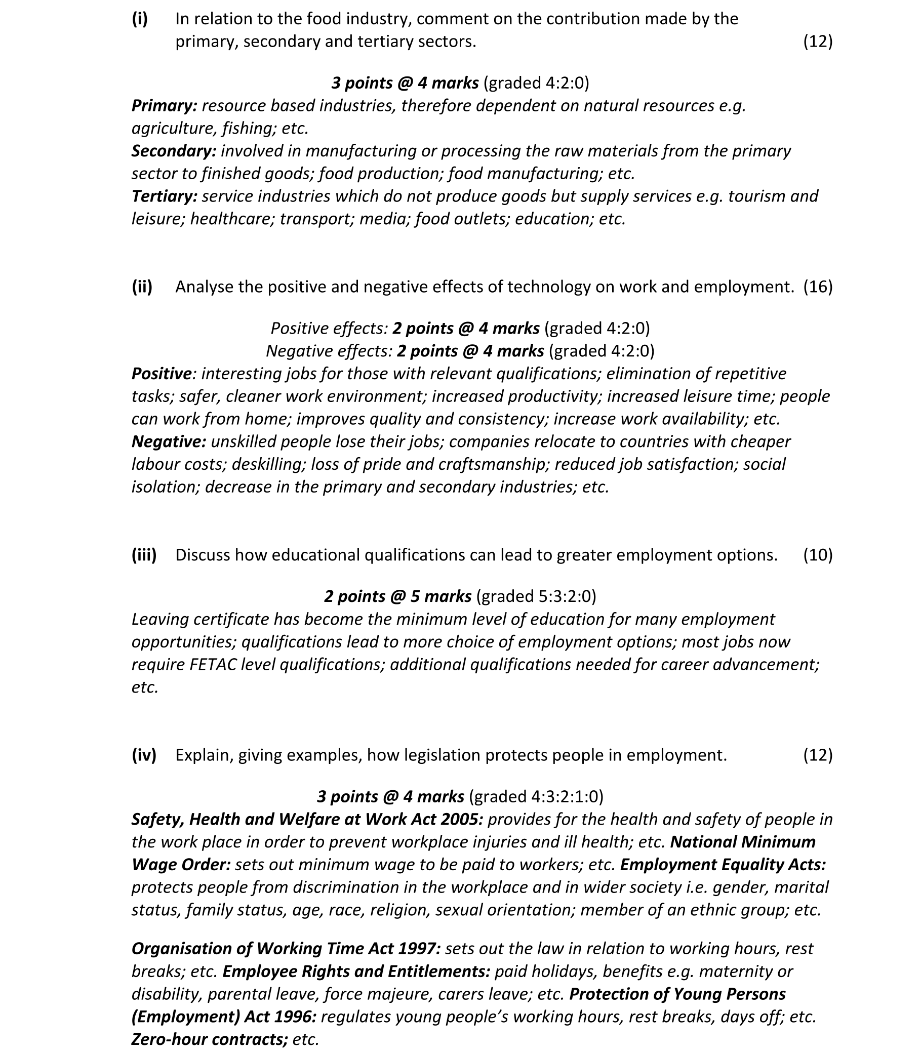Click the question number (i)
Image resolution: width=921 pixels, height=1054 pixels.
140,19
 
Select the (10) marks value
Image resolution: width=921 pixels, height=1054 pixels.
818,555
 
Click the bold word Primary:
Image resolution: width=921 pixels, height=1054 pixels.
165,106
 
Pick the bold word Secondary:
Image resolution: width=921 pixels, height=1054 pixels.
174,151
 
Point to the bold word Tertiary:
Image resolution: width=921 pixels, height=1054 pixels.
165,196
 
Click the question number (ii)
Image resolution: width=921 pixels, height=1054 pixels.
142,287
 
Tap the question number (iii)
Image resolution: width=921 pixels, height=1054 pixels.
144,555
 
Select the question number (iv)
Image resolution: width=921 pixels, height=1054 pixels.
144,755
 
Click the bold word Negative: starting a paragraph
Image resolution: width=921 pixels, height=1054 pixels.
169,442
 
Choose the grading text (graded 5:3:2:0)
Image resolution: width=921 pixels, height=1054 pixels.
536,597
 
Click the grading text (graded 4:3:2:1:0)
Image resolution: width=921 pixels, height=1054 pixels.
536,796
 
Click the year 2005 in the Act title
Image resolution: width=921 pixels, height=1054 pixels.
465,819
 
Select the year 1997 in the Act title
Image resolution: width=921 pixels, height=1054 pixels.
421,949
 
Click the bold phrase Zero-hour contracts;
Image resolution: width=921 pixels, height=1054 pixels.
210,1040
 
